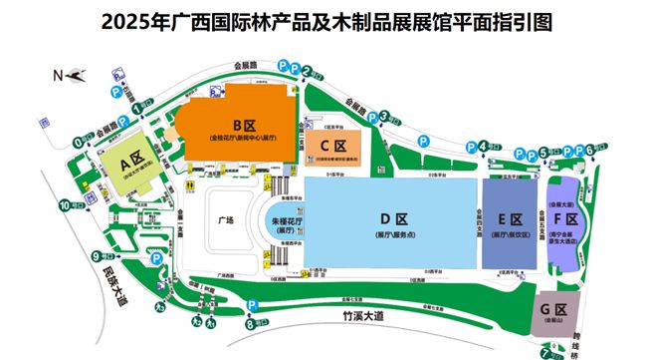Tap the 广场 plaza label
click(227, 219)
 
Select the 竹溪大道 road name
click(352, 315)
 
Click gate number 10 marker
click(65, 205)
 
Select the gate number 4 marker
click(485, 146)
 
